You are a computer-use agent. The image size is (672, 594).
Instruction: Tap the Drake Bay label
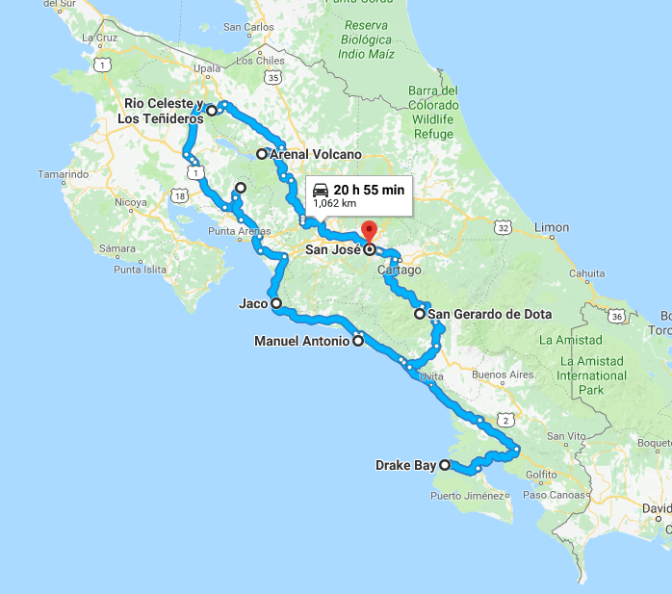click(405, 466)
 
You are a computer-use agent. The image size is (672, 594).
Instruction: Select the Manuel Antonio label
click(301, 341)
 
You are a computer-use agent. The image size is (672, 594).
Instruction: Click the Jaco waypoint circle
click(276, 304)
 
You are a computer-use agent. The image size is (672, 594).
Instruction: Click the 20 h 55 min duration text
click(369, 189)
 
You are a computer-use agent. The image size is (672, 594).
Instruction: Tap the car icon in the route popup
click(321, 190)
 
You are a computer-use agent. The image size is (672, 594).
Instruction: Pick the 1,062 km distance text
click(335, 204)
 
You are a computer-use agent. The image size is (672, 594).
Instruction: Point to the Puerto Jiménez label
click(468, 497)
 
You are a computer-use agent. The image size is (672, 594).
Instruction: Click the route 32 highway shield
click(502, 227)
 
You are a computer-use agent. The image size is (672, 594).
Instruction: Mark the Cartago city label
click(400, 271)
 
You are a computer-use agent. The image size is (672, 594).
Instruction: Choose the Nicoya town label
click(131, 203)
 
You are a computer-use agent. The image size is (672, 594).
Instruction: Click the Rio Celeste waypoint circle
click(212, 111)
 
